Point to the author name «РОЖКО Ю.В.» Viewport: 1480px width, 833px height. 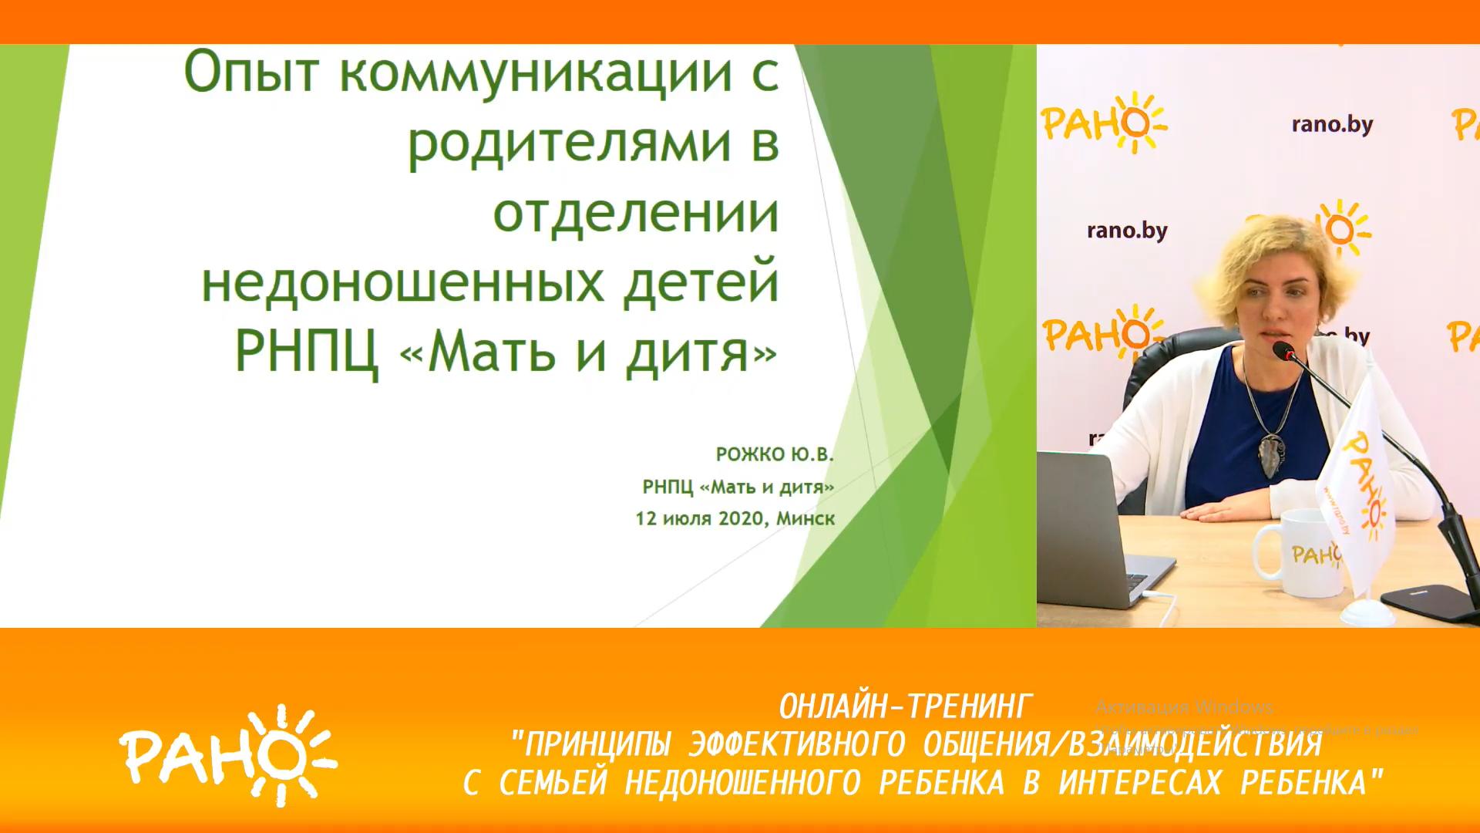tap(775, 455)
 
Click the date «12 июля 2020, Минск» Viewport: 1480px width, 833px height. tap(735, 518)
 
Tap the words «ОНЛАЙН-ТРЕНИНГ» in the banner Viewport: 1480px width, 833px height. tap(905, 707)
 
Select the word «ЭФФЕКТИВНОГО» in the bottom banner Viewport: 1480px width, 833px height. tap(797, 745)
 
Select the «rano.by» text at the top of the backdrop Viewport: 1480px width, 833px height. tap(1332, 125)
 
